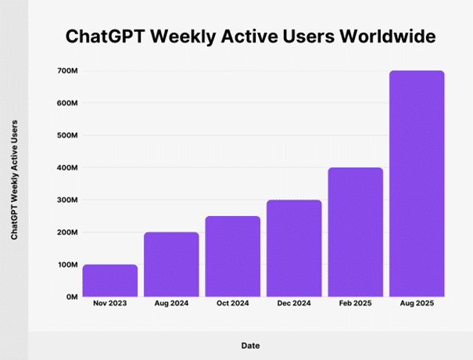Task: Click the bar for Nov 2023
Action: pos(110,280)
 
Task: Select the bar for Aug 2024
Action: pos(171,265)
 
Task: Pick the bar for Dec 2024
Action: pos(294,248)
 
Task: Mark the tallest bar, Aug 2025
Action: pos(417,184)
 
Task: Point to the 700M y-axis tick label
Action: pos(67,71)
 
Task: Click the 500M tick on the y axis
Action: pos(67,135)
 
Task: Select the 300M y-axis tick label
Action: pos(67,200)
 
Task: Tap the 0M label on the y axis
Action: pos(70,297)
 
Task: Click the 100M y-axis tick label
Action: pos(67,265)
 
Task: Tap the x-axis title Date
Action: pos(251,345)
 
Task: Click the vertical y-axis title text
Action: pos(15,181)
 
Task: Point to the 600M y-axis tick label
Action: pos(67,103)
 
